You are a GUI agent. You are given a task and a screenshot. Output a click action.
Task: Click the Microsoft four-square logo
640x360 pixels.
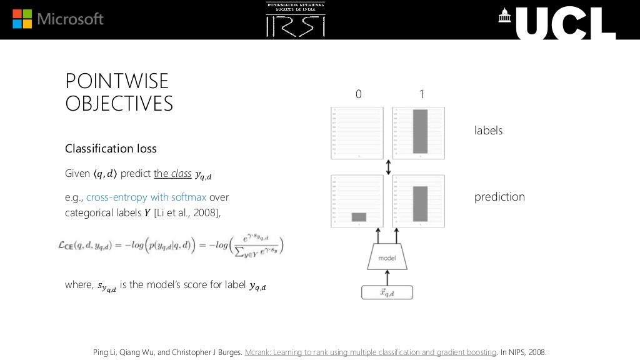tap(23, 19)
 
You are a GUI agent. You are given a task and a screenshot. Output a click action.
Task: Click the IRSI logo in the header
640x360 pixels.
tap(296, 19)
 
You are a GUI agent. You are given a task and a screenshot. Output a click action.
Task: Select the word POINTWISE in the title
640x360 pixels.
tap(117, 81)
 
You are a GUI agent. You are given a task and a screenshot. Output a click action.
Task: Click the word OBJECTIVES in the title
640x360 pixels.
tap(119, 104)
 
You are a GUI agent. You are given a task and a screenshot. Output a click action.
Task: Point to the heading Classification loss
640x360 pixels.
tap(111, 149)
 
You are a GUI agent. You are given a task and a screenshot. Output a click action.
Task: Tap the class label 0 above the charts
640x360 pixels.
tap(358, 94)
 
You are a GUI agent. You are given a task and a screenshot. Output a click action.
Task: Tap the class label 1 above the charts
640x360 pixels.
tap(421, 94)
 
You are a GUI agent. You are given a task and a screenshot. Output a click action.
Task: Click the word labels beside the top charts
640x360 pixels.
tap(488, 131)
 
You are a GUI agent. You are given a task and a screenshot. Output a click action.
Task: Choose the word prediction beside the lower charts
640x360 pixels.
tap(499, 197)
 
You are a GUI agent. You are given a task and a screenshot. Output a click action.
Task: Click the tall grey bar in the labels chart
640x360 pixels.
tap(419, 131)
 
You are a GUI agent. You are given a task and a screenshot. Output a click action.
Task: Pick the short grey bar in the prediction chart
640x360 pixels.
tap(359, 217)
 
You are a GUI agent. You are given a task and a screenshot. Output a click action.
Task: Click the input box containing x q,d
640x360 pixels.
tap(387, 292)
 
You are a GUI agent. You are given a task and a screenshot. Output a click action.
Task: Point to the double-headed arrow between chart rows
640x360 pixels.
tap(389, 167)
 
